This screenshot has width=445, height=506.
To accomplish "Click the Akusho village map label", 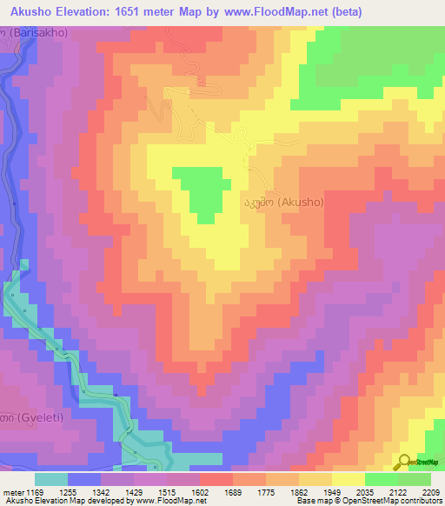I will click(283, 202).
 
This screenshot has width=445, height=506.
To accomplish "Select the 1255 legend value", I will click(86, 492).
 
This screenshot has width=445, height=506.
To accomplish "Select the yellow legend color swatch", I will click(348, 479).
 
